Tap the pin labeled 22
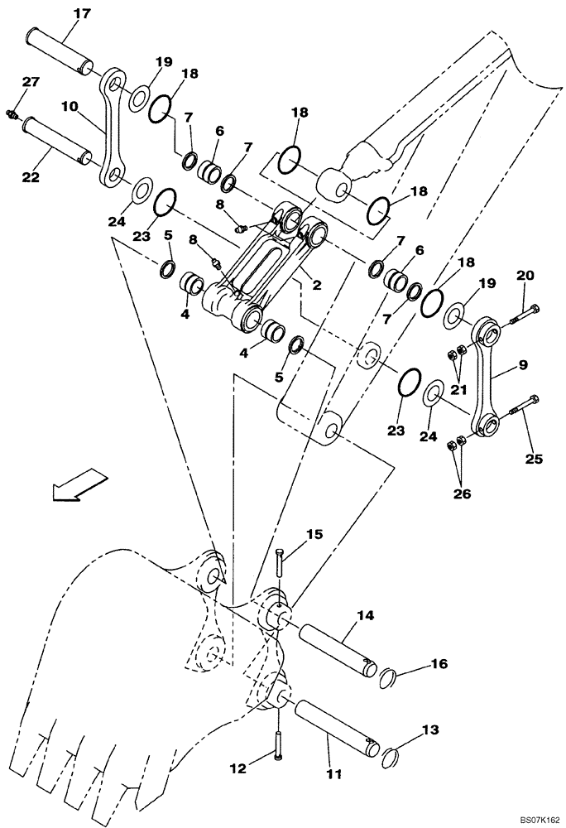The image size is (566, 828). (54, 137)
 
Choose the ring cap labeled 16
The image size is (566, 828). (391, 681)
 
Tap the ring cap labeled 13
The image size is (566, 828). (391, 752)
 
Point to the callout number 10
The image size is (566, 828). (69, 107)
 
